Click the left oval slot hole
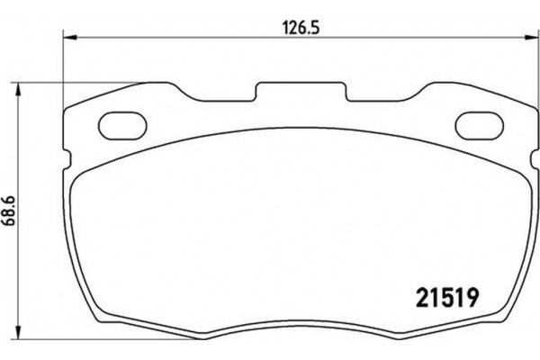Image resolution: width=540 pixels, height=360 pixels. click(x=118, y=123)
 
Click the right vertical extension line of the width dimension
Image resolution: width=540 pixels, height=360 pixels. click(x=532, y=72)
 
